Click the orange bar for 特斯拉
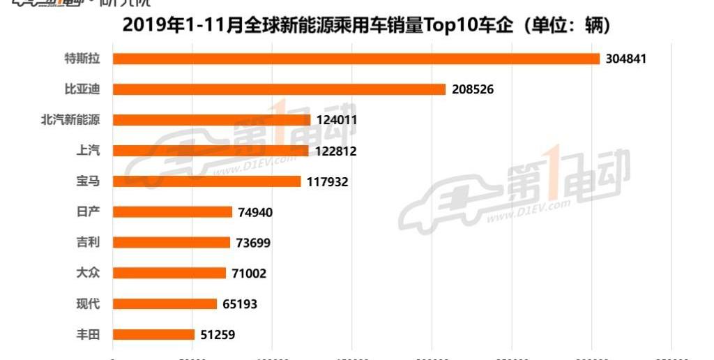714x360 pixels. pos(356,59)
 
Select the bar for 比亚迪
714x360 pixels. pos(279,89)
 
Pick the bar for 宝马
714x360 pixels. pos(206,181)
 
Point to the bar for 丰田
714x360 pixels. pos(153,334)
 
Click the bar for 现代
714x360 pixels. pos(165,303)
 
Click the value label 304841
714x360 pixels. pos(626,59)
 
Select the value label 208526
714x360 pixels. pos(472,89)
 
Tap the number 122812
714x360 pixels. pos(335,151)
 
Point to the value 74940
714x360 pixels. pos(255,212)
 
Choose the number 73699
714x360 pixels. pos(252,243)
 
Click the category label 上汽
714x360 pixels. pos(88,150)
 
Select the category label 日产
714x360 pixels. pos(88,211)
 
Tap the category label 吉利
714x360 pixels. pos(88,242)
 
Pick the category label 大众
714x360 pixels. pos(88,273)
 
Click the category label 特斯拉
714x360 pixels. pos(82,59)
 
